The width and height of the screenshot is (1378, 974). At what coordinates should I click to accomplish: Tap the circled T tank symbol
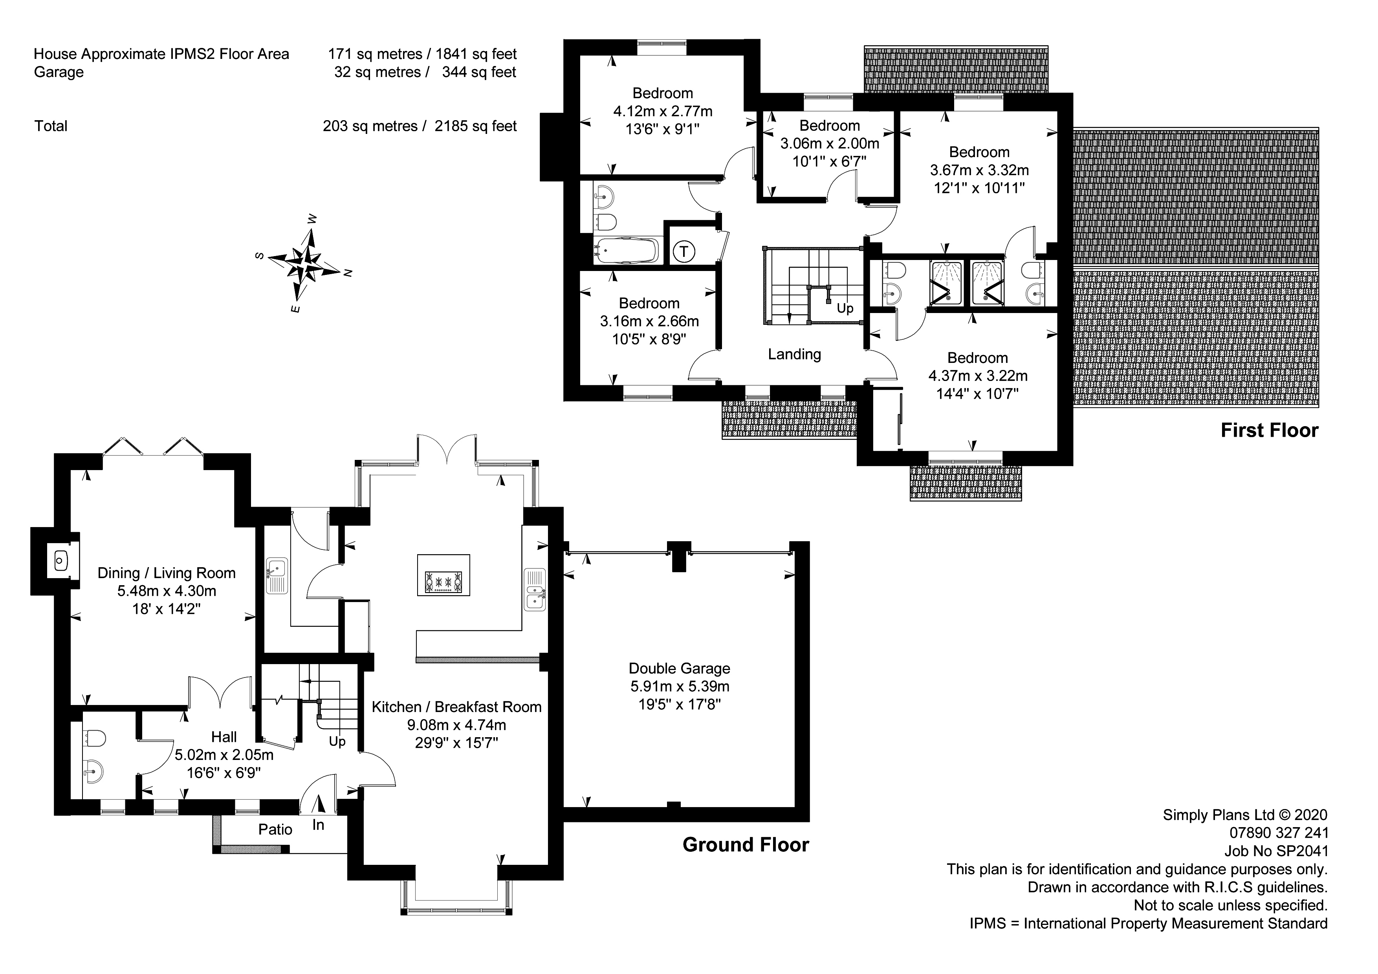[x=684, y=251]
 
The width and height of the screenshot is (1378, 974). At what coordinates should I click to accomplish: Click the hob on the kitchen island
[x=443, y=582]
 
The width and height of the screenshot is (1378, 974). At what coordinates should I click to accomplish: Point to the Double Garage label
[x=680, y=668]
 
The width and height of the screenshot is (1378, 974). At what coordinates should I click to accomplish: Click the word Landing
[x=794, y=354]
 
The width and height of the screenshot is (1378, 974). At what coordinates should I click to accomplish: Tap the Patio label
[x=275, y=829]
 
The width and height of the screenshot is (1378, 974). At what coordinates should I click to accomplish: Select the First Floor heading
[x=1269, y=430]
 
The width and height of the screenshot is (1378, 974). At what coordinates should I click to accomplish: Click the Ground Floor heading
[x=746, y=845]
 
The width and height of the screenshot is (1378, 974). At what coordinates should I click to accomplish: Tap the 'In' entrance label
[x=318, y=825]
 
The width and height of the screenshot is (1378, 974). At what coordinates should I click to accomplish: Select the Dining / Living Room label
[x=166, y=573]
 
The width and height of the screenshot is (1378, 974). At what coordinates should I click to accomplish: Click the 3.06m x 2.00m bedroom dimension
[x=830, y=143]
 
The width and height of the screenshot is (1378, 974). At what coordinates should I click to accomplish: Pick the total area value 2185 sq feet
[x=475, y=126]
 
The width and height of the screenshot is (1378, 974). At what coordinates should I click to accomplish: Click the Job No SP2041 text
[x=1277, y=851]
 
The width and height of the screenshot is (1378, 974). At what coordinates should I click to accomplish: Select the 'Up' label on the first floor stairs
[x=845, y=308]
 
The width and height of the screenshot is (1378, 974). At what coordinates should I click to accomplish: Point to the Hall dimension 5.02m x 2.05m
[x=224, y=755]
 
